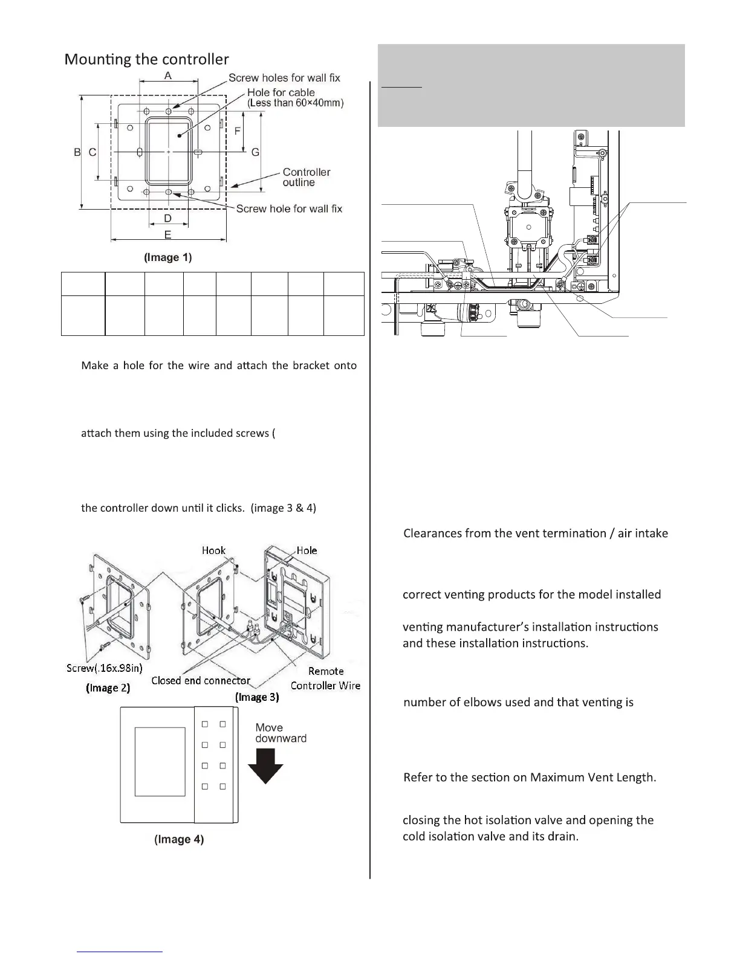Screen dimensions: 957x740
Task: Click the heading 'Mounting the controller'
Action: pos(146,59)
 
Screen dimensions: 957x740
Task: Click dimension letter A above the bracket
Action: pos(169,75)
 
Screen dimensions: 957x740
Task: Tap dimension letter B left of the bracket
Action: pos(77,152)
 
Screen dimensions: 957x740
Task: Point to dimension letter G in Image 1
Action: pos(255,152)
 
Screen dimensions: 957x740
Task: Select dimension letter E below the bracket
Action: pos(167,234)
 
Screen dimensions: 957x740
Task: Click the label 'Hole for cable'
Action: pos(281,92)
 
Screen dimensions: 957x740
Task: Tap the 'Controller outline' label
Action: pos(306,177)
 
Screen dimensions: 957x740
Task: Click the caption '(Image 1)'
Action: pos(167,257)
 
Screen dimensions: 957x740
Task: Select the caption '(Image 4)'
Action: pos(179,839)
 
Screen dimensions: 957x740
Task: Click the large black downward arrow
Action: pos(266,766)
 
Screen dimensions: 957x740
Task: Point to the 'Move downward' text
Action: pos(281,733)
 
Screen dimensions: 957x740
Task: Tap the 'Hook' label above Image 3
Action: pos(213,550)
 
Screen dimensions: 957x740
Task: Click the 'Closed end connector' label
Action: pos(201,680)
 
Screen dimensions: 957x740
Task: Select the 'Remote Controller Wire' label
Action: pos(325,678)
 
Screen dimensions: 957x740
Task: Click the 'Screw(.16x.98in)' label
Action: pos(104,668)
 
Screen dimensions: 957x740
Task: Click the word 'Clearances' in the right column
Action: pos(432,533)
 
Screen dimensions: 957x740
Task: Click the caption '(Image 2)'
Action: pos(108,688)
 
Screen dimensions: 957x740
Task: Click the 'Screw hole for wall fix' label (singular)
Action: pos(289,208)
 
